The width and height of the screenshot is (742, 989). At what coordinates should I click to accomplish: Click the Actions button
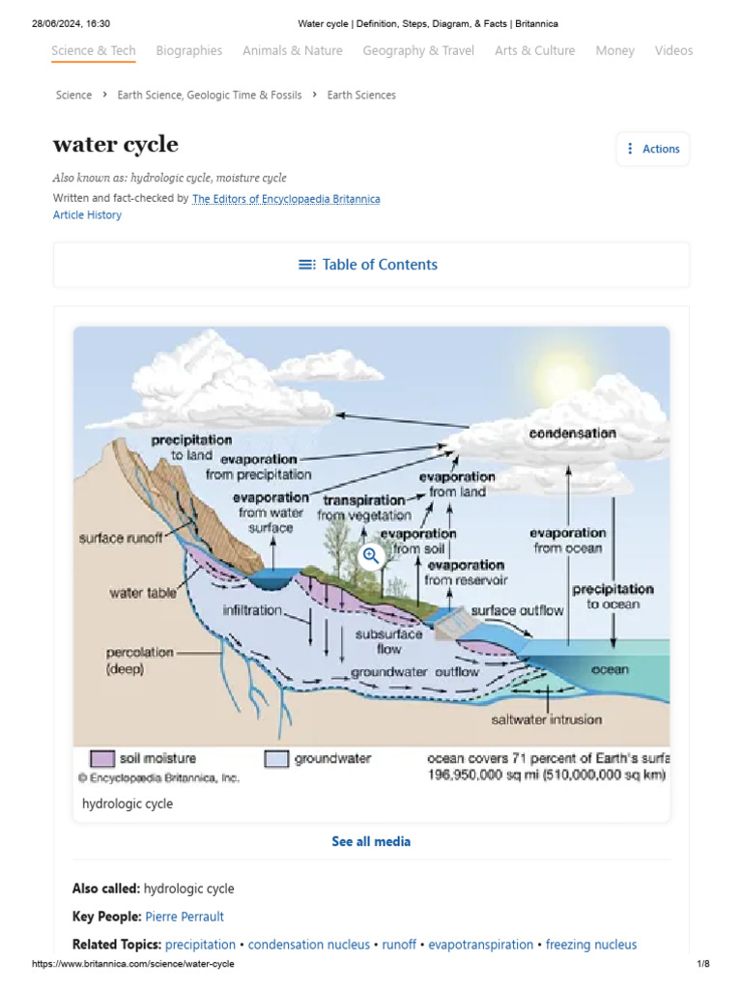653,149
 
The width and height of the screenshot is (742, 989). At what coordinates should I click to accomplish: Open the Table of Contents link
369,265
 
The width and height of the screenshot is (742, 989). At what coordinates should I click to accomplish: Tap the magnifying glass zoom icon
371,556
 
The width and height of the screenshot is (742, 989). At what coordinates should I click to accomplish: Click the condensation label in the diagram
572,434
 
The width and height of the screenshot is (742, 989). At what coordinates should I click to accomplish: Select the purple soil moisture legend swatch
102,759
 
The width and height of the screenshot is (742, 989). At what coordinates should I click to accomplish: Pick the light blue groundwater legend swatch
277,759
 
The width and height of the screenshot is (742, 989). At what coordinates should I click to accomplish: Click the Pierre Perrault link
185,917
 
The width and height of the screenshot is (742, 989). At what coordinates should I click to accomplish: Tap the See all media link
371,841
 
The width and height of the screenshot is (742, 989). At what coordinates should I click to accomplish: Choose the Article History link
87,215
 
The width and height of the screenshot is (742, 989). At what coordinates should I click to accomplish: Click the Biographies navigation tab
189,50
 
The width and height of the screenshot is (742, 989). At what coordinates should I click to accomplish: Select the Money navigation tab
614,50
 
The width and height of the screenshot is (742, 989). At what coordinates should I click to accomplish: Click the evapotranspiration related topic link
481,945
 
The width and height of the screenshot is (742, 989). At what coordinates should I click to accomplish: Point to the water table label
143,593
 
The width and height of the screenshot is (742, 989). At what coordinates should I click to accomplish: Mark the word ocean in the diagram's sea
610,669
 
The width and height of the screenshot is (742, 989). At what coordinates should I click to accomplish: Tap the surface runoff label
121,538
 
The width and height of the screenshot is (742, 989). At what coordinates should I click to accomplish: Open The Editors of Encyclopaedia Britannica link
286,199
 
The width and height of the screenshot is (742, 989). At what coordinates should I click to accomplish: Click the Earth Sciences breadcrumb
361,95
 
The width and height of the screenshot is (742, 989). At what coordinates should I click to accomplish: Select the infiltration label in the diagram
252,610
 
